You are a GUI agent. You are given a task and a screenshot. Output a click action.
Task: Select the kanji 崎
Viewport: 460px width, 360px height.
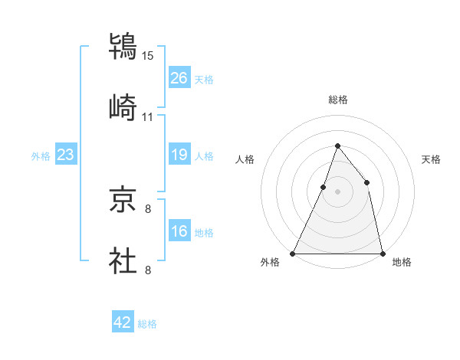[123, 107]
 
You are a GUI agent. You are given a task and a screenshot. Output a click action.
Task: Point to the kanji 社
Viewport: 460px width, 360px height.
[123, 259]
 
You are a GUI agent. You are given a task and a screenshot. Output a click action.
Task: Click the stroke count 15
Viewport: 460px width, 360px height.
[147, 55]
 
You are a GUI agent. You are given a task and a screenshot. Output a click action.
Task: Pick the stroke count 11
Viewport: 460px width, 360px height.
[147, 117]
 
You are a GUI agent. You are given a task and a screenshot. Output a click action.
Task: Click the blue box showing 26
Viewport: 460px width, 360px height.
[179, 77]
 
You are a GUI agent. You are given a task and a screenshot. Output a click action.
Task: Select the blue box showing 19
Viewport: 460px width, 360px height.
[179, 155]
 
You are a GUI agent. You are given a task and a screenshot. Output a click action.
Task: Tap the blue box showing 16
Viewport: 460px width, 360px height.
[179, 231]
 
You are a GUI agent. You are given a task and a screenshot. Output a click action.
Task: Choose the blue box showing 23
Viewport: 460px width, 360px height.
[65, 155]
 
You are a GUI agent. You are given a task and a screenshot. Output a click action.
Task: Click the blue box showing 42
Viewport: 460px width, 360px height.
[123, 322]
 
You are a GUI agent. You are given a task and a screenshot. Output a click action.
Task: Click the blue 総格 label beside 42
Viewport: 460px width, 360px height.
[147, 324]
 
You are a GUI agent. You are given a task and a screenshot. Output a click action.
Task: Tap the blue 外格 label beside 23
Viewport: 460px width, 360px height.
[41, 156]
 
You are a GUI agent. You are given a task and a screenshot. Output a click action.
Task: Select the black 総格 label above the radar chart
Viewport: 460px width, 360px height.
[337, 100]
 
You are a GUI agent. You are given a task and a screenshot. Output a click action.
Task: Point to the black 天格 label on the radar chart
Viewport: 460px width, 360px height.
[432, 159]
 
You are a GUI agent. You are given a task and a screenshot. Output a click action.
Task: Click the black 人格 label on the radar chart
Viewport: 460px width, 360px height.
[245, 159]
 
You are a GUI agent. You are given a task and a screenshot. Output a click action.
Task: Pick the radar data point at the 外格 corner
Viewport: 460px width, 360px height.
[293, 253]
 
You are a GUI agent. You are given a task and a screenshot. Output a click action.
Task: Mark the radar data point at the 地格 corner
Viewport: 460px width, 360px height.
[382, 253]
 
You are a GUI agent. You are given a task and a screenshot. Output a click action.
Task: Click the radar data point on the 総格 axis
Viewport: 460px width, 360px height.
[337, 146]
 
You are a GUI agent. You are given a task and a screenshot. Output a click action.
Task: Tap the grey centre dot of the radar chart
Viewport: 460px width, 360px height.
[337, 191]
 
